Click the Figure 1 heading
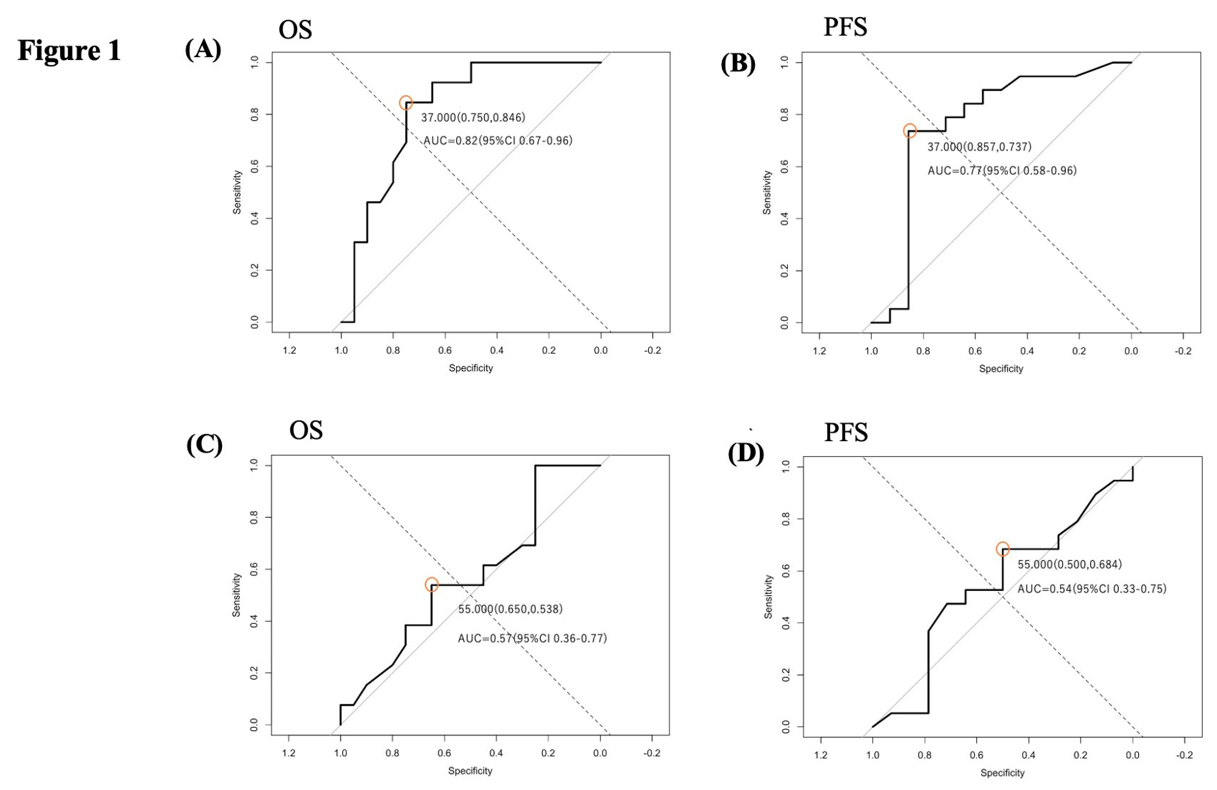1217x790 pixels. [x=69, y=50]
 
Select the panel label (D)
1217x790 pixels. [x=746, y=453]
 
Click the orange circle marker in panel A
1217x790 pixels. [x=406, y=103]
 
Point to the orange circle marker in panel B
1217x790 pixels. [x=909, y=131]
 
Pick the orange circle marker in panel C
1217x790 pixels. [x=432, y=584]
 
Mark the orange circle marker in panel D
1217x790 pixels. [x=1003, y=549]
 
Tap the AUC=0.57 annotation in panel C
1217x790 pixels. [x=532, y=638]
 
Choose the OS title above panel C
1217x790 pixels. [x=306, y=430]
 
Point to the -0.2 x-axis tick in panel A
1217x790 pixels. [x=652, y=350]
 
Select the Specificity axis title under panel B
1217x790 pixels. [x=1001, y=369]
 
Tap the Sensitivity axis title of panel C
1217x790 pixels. [x=236, y=595]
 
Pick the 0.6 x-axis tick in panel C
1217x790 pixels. [x=444, y=753]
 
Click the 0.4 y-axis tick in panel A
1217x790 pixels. [x=254, y=219]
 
